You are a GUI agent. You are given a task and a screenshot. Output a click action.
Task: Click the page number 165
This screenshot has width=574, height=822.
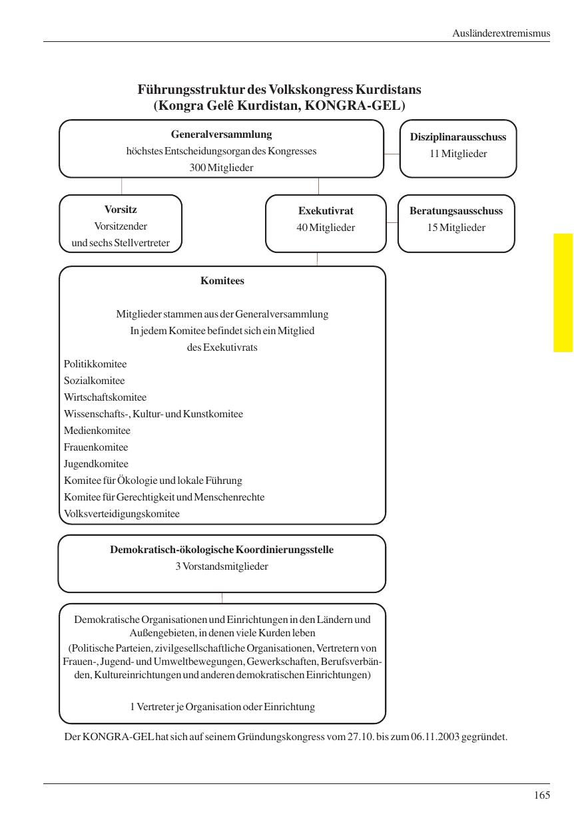click(541, 795)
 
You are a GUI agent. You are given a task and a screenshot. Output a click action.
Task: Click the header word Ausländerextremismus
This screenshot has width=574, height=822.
click(501, 33)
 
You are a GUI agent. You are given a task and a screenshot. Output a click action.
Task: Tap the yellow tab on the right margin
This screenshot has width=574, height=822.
click(563, 292)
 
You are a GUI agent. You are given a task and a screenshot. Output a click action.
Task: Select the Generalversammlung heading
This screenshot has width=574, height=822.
click(221, 134)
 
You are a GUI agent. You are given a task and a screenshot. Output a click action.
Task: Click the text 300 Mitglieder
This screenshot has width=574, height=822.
click(221, 168)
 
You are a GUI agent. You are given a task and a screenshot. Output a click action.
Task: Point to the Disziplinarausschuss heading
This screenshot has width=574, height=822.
click(458, 137)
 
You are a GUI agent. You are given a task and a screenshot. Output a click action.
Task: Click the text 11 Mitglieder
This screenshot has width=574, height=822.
click(458, 154)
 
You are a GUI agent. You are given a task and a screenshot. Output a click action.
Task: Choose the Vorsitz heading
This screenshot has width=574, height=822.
click(121, 210)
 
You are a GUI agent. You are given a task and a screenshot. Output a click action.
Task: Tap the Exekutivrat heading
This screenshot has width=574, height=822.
click(326, 211)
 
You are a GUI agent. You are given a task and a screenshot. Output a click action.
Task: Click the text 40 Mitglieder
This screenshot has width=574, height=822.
click(326, 228)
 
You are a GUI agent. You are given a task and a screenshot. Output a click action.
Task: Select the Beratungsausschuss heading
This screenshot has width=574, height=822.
click(456, 211)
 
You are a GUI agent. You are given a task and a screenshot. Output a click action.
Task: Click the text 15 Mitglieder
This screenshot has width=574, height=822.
click(456, 228)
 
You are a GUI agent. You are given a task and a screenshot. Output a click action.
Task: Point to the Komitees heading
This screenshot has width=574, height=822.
click(222, 281)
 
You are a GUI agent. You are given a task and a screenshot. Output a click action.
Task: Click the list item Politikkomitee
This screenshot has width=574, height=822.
click(95, 364)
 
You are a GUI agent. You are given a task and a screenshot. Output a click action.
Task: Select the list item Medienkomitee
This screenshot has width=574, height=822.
click(97, 431)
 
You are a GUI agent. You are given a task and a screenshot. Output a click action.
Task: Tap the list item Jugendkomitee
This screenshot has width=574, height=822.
click(96, 464)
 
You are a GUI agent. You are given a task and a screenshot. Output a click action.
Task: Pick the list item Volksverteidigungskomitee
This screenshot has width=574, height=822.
click(122, 514)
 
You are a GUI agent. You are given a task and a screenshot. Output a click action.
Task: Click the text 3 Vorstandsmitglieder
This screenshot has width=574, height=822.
click(222, 567)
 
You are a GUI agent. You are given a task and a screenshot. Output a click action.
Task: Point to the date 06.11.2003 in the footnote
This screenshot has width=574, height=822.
click(435, 737)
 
